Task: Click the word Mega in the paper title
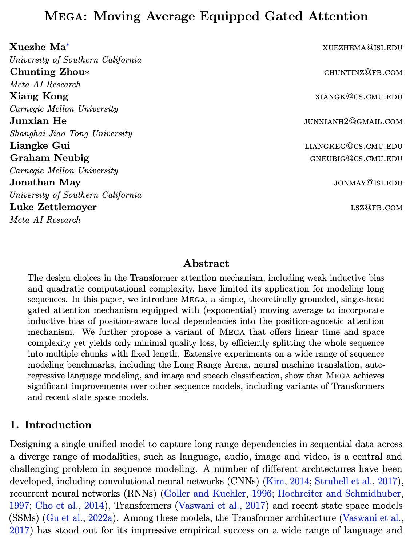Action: tap(64, 16)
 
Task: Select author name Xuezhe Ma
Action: tap(37, 47)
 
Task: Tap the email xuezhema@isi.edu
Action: tap(362, 47)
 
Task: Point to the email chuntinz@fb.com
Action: tap(363, 72)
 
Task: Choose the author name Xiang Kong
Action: tap(39, 96)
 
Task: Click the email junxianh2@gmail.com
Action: tap(353, 121)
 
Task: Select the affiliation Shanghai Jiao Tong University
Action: tap(71, 133)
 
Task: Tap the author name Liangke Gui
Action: tap(40, 145)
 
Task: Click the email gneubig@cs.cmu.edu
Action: tap(356, 158)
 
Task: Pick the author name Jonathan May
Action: tap(45, 182)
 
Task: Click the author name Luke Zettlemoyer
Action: tap(53, 207)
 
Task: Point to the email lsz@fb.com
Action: tap(376, 208)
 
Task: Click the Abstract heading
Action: tap(206, 263)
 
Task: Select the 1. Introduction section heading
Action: tap(51, 425)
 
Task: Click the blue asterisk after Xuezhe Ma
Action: tap(68, 45)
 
